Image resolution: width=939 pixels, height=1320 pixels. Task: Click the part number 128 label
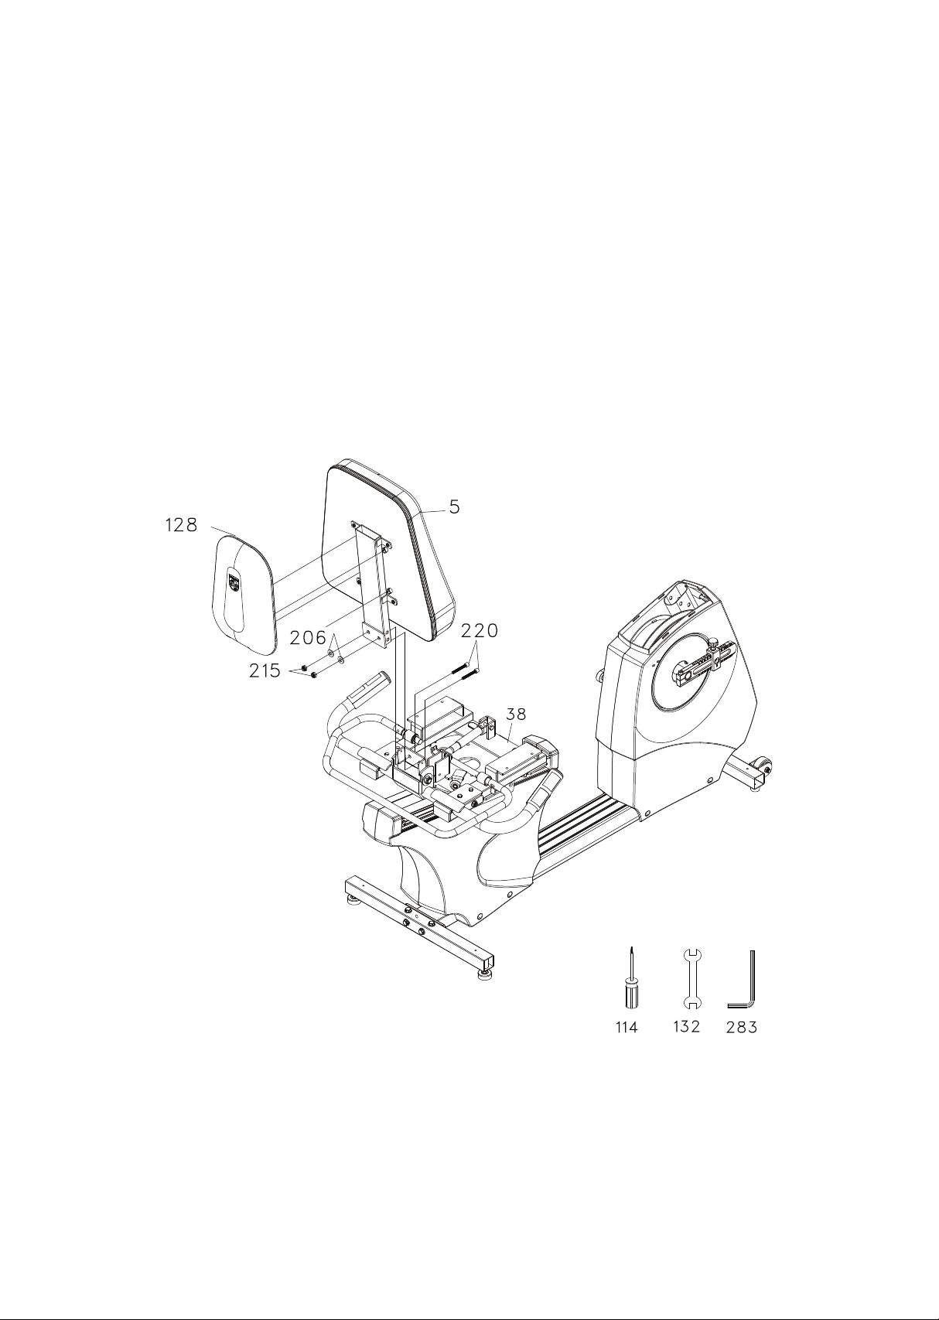[x=181, y=524]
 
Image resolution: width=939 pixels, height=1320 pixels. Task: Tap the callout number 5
[x=454, y=507]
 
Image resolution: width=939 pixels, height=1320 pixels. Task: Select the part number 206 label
[x=308, y=637]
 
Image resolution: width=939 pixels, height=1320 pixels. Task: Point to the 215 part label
[x=265, y=670]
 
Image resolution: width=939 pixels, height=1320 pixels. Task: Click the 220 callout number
[x=480, y=631]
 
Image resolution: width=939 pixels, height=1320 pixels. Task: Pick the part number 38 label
[x=516, y=715]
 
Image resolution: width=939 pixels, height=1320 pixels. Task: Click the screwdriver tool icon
[x=631, y=983]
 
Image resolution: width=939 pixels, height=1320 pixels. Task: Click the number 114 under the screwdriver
[x=627, y=1028]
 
